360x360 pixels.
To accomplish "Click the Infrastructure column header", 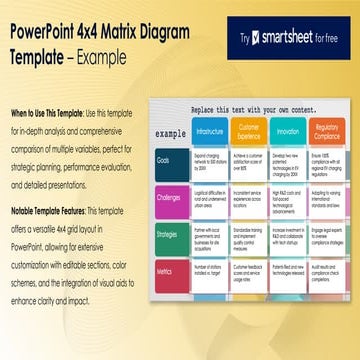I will coord(210,131).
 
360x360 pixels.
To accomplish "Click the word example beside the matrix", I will coord(171,132).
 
